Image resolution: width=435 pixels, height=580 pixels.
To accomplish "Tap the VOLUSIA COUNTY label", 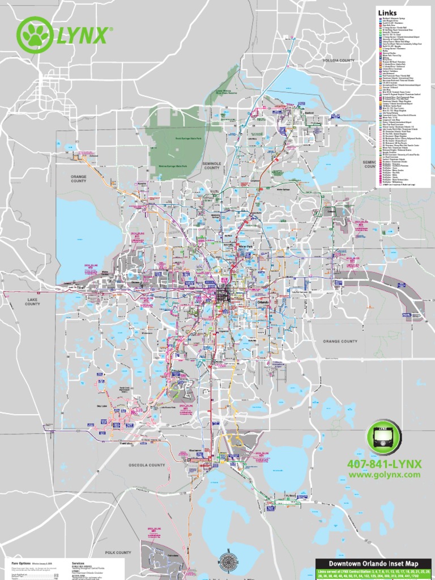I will tap(339, 59).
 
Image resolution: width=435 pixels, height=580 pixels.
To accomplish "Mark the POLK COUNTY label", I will tap(118, 552).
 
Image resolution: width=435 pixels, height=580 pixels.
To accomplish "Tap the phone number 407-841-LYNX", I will tap(385, 464).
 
